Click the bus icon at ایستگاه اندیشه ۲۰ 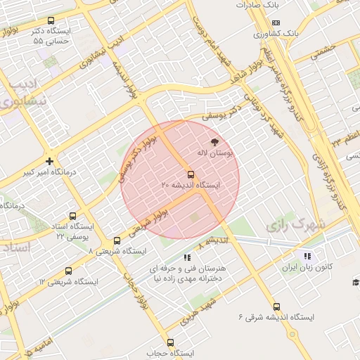pos(191,174)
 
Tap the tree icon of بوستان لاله pos(214,141)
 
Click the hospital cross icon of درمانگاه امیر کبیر pos(49,161)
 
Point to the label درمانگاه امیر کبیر pos(49,172)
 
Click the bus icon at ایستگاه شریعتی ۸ pos(117,240)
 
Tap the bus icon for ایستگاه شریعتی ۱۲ pos(68,271)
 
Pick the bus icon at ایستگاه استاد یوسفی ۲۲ pos(72,216)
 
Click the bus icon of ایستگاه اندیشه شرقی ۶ pos(276,307)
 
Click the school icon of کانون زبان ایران pos(307,256)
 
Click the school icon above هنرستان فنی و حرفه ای pos(186,257)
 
